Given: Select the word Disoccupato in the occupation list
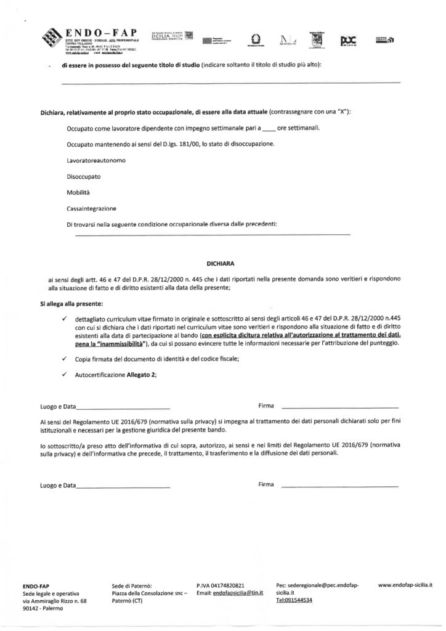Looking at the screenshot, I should pyautogui.click(x=84, y=176).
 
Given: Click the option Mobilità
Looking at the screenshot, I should pyautogui.click(x=78, y=192).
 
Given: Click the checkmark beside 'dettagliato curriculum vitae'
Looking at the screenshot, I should pyautogui.click(x=64, y=319).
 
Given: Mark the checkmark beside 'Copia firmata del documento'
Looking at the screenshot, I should pyautogui.click(x=64, y=358).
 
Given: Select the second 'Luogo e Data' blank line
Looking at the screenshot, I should pyautogui.click(x=123, y=487).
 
